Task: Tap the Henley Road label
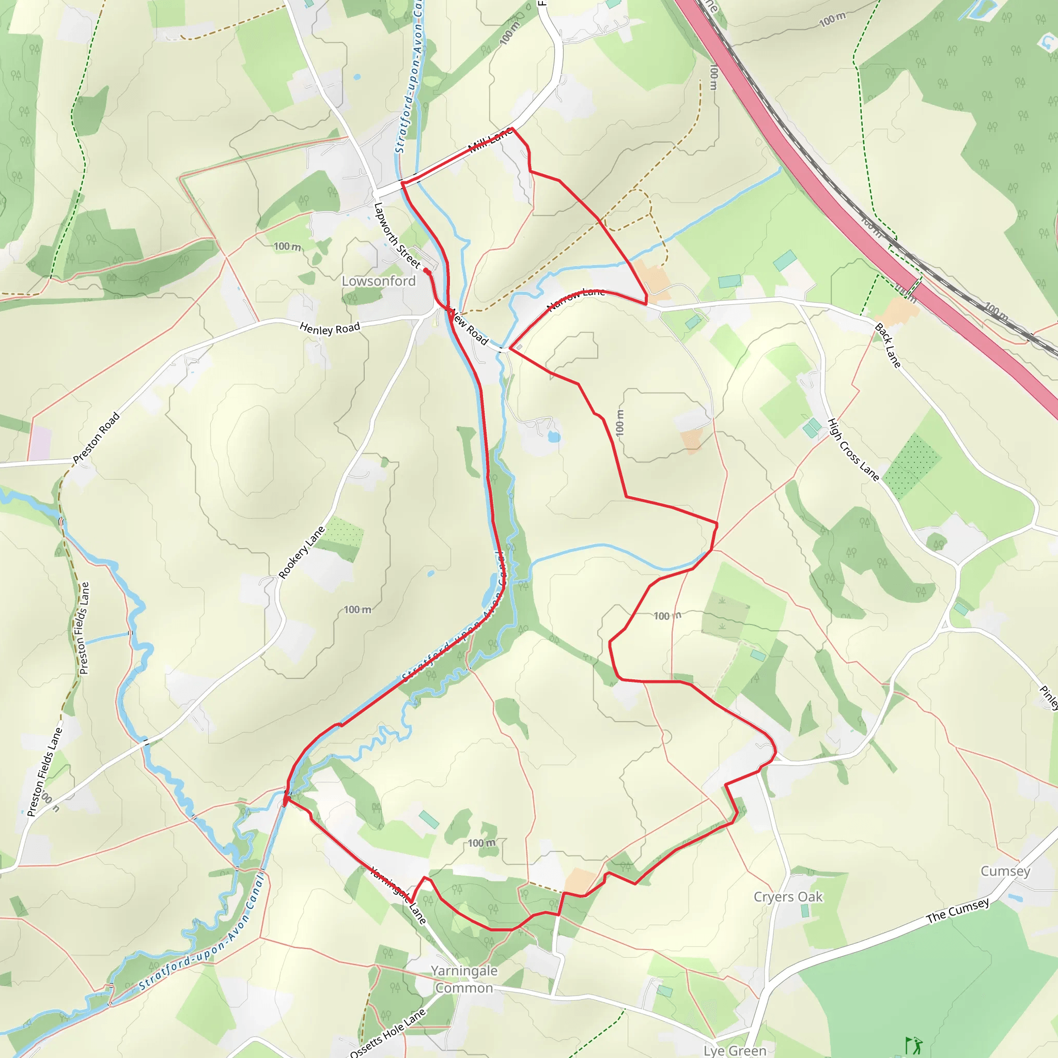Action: click(330, 328)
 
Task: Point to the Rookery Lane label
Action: click(301, 552)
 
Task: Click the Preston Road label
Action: click(97, 438)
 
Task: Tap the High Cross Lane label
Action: click(852, 449)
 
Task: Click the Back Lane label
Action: click(887, 346)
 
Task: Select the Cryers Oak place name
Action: click(788, 896)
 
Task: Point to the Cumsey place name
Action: click(1005, 870)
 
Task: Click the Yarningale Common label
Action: click(464, 979)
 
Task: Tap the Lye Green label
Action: click(735, 1050)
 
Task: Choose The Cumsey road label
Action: click(958, 910)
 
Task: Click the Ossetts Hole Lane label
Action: click(388, 1033)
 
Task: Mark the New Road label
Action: click(469, 328)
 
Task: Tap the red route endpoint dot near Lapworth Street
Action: click(427, 271)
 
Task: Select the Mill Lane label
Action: click(491, 141)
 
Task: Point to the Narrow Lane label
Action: click(575, 299)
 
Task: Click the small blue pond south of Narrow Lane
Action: click(554, 437)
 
